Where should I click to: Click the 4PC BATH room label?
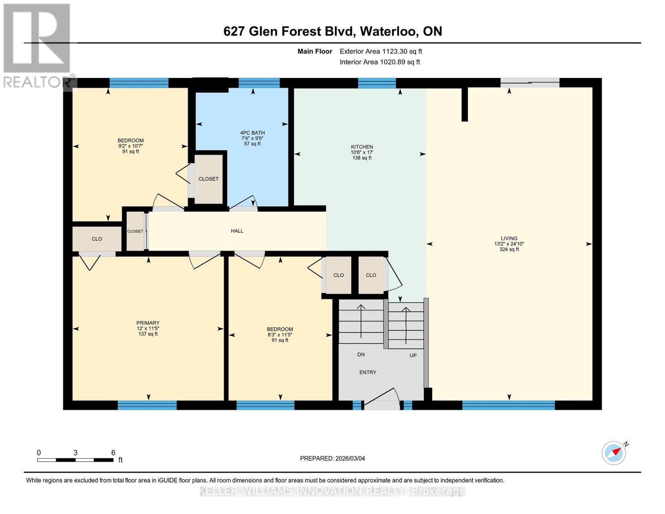(x=252, y=133)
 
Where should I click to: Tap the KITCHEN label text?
(x=362, y=147)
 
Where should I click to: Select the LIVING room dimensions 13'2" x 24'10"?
(x=509, y=244)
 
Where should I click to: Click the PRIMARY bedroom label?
(x=148, y=323)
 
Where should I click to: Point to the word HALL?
(x=237, y=231)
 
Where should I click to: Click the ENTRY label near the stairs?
(x=367, y=372)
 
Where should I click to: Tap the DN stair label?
(x=361, y=355)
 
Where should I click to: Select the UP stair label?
(x=413, y=355)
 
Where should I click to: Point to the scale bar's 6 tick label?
(x=113, y=453)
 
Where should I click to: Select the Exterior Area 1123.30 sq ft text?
(x=381, y=51)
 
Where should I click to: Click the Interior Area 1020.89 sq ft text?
(x=379, y=62)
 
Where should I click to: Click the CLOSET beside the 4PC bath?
(x=209, y=179)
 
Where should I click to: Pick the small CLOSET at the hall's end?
(x=135, y=231)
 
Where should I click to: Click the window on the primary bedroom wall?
(x=147, y=405)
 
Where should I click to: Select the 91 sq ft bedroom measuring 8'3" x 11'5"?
(x=280, y=335)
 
